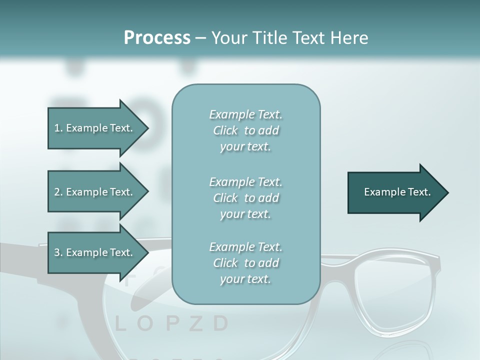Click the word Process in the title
(157, 38)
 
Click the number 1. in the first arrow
(58, 128)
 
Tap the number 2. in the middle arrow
(58, 192)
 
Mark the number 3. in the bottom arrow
(58, 252)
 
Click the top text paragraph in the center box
(245, 130)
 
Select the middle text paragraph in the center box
(245, 198)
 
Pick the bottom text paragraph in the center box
(245, 263)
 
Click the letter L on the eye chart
(120, 324)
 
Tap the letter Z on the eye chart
(195, 324)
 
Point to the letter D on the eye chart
(220, 324)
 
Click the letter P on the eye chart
(171, 324)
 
